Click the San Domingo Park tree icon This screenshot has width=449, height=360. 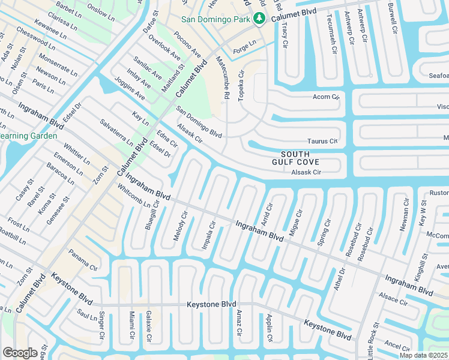[259, 19]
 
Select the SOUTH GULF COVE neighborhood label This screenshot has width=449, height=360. [295, 158]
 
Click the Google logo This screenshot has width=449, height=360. [20, 352]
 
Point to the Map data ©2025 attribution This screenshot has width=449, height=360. [423, 355]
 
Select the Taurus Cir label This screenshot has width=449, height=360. [322, 141]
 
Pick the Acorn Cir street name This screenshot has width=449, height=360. [326, 97]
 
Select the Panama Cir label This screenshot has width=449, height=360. [82, 260]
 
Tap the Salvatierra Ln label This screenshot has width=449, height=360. [116, 132]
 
